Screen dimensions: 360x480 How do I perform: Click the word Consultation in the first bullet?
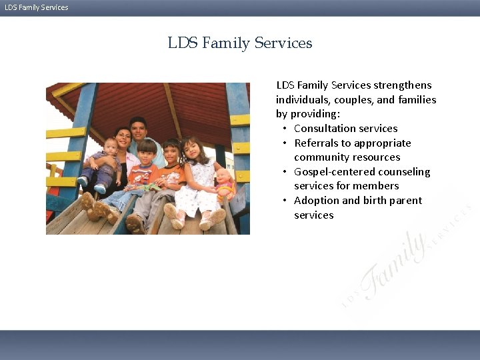323,129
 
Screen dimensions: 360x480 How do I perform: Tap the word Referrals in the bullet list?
317,143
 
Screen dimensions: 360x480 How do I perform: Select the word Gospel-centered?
332,172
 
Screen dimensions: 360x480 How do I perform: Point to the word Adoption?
316,201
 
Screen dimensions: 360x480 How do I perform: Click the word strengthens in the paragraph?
403,85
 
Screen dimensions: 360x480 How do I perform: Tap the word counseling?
404,172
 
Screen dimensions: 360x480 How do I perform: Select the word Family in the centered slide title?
224,43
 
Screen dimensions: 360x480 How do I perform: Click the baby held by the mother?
107,160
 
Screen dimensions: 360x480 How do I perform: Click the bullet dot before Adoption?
285,201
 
